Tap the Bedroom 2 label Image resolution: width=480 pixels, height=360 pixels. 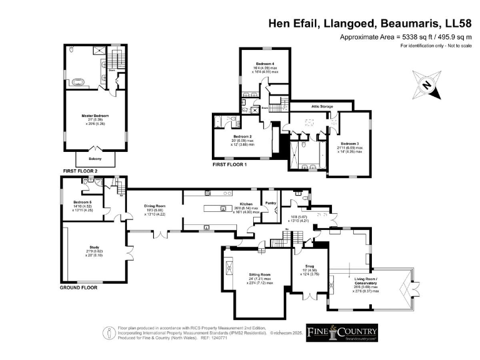coord(242,136)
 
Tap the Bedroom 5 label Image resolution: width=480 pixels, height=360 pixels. coord(82,202)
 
